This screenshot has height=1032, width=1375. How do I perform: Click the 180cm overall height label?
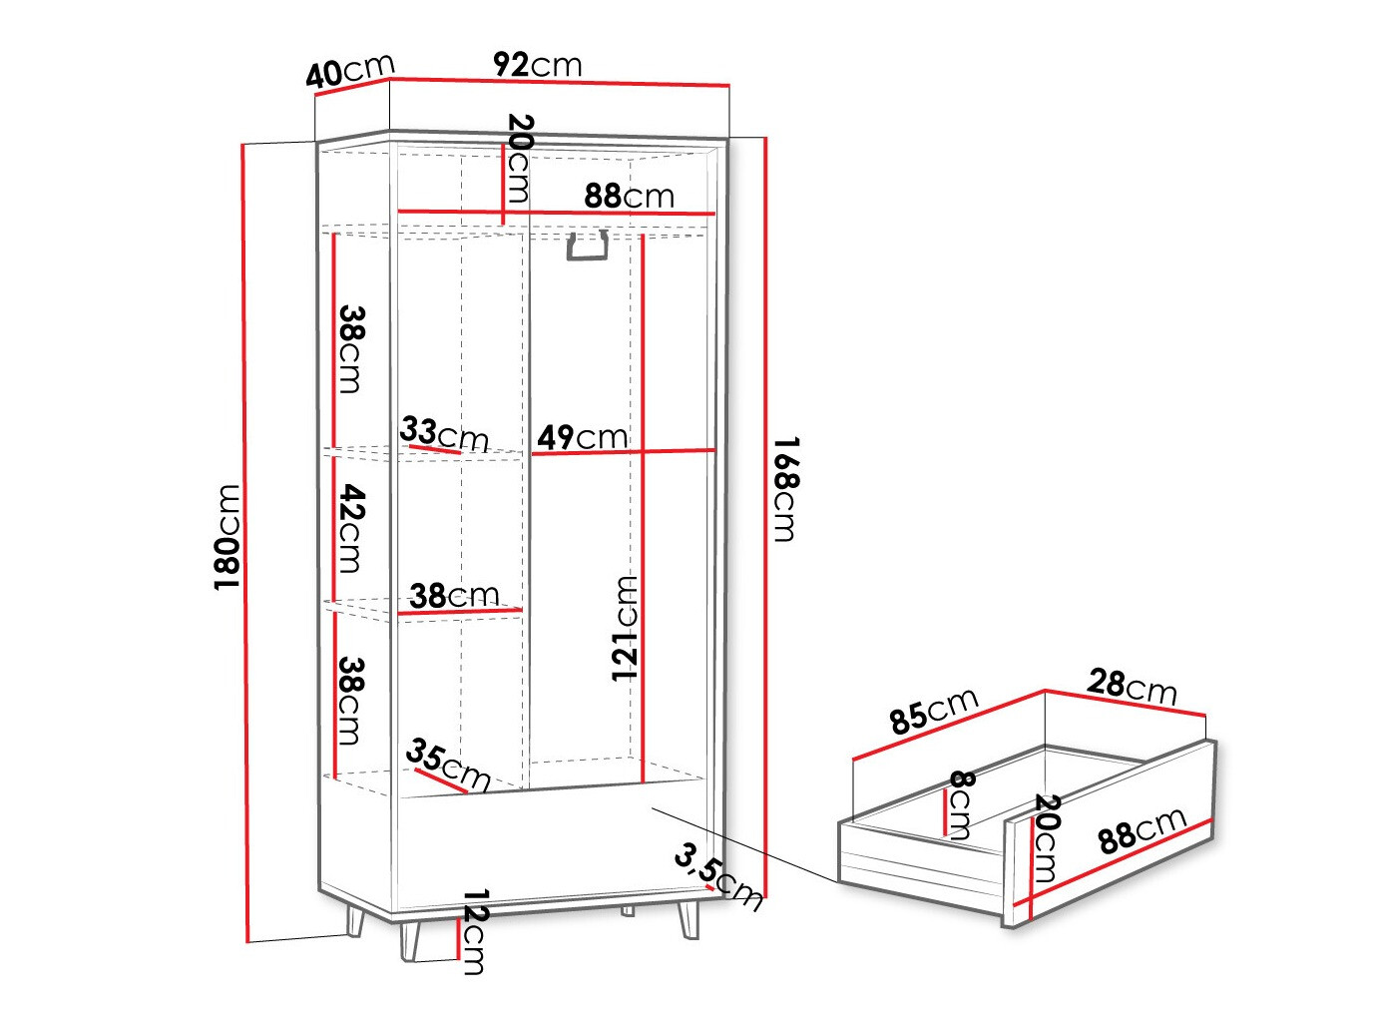pyautogui.click(x=229, y=536)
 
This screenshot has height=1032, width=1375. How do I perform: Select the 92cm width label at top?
pyautogui.click(x=537, y=65)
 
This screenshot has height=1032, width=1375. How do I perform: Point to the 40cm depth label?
pyautogui.click(x=350, y=71)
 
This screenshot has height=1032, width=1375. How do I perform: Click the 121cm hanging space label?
pyautogui.click(x=626, y=628)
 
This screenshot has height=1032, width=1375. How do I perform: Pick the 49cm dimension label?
pyautogui.click(x=583, y=436)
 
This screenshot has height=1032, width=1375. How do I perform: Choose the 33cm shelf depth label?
pyautogui.click(x=444, y=434)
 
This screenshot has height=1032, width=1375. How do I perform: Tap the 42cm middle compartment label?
pyautogui.click(x=351, y=528)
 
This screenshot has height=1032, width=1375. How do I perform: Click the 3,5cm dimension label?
pyautogui.click(x=717, y=875)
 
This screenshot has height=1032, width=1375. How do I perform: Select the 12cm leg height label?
pyautogui.click(x=475, y=931)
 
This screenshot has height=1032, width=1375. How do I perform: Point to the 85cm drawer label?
pyautogui.click(x=934, y=710)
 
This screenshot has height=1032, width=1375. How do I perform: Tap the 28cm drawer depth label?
pyautogui.click(x=1132, y=686)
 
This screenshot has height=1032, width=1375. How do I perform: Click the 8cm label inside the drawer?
pyautogui.click(x=960, y=803)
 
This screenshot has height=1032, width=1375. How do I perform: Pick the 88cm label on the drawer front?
pyautogui.click(x=1143, y=831)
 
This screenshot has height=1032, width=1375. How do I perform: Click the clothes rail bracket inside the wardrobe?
pyautogui.click(x=587, y=247)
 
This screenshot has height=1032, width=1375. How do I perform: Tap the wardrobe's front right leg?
pyautogui.click(x=688, y=918)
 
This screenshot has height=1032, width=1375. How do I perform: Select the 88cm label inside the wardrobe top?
pyautogui.click(x=629, y=196)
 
